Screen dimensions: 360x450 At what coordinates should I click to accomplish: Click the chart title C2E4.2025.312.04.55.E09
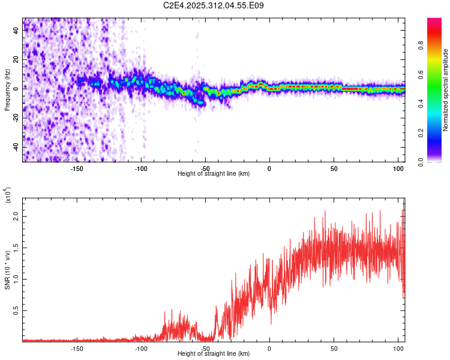pyautogui.click(x=214, y=5)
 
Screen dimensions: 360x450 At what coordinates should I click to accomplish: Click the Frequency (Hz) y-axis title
pyautogui.click(x=8, y=90)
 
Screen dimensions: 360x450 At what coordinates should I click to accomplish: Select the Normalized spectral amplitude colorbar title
pyautogui.click(x=446, y=90)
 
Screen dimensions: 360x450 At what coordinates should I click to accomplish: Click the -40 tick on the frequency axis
pyautogui.click(x=16, y=146)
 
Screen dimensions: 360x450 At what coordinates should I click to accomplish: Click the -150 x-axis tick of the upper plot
pyautogui.click(x=76, y=169)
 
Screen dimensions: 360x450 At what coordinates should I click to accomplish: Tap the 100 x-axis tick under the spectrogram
pyautogui.click(x=398, y=169)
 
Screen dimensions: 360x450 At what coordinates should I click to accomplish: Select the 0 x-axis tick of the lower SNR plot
pyautogui.click(x=269, y=348)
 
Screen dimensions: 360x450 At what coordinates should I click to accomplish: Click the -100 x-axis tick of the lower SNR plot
pyautogui.click(x=140, y=348)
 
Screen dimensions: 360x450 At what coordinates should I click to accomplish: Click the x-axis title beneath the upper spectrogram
pyautogui.click(x=214, y=174)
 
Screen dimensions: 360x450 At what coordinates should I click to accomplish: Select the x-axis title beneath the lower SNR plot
pyautogui.click(x=214, y=353)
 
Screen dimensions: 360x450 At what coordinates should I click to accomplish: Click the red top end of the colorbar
pyautogui.click(x=434, y=22)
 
